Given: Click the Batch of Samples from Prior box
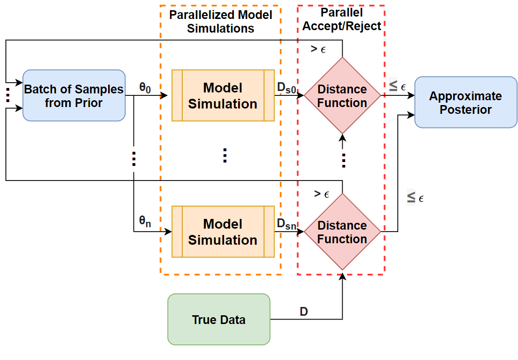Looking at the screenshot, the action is (74, 95).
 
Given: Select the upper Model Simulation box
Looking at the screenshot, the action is (223, 95).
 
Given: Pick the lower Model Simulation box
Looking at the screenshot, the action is (223, 232).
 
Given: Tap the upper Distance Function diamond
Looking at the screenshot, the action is (342, 95).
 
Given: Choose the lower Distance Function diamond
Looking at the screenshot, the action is (342, 232).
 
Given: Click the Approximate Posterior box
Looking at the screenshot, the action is (466, 102).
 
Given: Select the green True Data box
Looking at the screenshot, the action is (219, 320).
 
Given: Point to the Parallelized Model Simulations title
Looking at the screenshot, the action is (221, 21).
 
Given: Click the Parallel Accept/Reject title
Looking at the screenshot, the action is (342, 19).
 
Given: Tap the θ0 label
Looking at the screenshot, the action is (145, 88).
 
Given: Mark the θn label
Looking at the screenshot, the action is (145, 221).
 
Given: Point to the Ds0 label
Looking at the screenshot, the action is (286, 88).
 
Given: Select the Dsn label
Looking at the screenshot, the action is (286, 224).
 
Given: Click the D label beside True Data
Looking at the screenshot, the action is (304, 311).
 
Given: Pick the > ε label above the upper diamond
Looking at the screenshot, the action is (318, 49).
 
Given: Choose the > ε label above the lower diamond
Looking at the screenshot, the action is (321, 194).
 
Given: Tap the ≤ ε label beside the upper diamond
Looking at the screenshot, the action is (397, 86).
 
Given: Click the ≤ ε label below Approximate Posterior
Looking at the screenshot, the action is (415, 198).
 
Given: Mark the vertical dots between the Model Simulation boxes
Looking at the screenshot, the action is (225, 155).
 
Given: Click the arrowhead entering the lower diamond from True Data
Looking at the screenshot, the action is (343, 276).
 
